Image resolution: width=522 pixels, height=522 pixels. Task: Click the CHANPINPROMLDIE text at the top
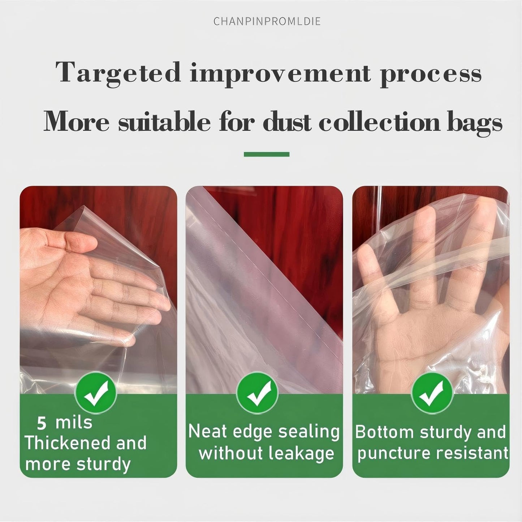[267, 21]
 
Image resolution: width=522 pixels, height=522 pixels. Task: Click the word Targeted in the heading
[118, 73]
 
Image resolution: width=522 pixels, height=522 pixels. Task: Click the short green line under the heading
[267, 154]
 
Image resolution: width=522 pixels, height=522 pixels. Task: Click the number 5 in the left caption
[42, 423]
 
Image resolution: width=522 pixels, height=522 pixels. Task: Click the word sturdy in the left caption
[103, 465]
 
